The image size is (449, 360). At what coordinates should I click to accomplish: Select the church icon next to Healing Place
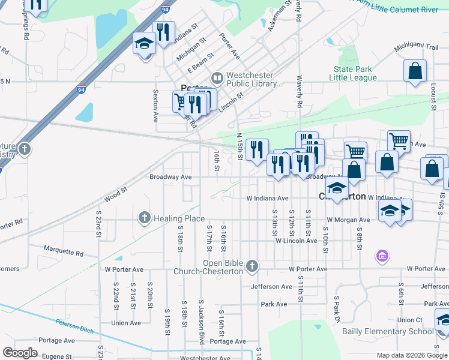pyautogui.click(x=144, y=218)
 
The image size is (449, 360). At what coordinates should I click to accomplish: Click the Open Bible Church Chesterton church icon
pyautogui.click(x=253, y=265)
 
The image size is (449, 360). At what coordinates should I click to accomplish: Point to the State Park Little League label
pyautogui.click(x=355, y=74)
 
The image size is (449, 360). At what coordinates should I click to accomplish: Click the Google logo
pyautogui.click(x=20, y=352)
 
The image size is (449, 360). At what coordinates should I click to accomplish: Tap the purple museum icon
pyautogui.click(x=381, y=257)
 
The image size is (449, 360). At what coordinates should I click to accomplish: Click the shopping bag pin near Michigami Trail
pyautogui.click(x=415, y=71)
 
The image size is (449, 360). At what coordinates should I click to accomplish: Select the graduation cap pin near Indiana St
pyautogui.click(x=145, y=44)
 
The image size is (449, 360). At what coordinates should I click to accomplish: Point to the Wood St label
pyautogui.click(x=116, y=191)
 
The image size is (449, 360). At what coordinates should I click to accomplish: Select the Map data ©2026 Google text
pyautogui.click(x=411, y=355)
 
